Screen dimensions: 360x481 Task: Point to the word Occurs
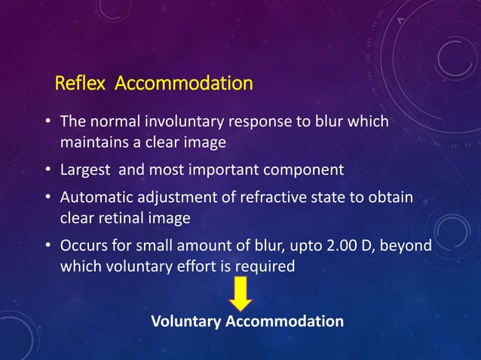coord(81,247)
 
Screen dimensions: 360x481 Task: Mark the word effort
coord(191,267)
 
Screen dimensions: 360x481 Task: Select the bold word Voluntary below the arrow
coord(185,322)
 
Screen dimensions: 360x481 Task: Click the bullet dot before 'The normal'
coord(47,123)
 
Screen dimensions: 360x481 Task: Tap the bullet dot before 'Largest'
coord(47,170)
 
